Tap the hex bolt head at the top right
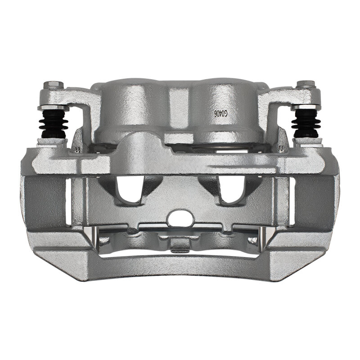coord(295,84)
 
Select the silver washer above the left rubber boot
coord(53,108)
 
